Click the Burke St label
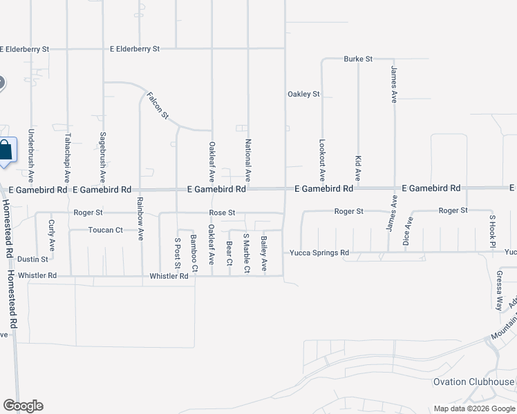[358, 59]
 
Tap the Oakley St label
[303, 94]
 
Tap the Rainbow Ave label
[140, 219]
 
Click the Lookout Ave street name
[321, 161]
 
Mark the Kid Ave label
[358, 168]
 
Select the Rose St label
[223, 213]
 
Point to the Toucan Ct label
[105, 230]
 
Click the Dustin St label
[33, 259]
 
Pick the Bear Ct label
[229, 253]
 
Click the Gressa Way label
[499, 291]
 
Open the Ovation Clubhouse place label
[473, 382]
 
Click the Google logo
[23, 406]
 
